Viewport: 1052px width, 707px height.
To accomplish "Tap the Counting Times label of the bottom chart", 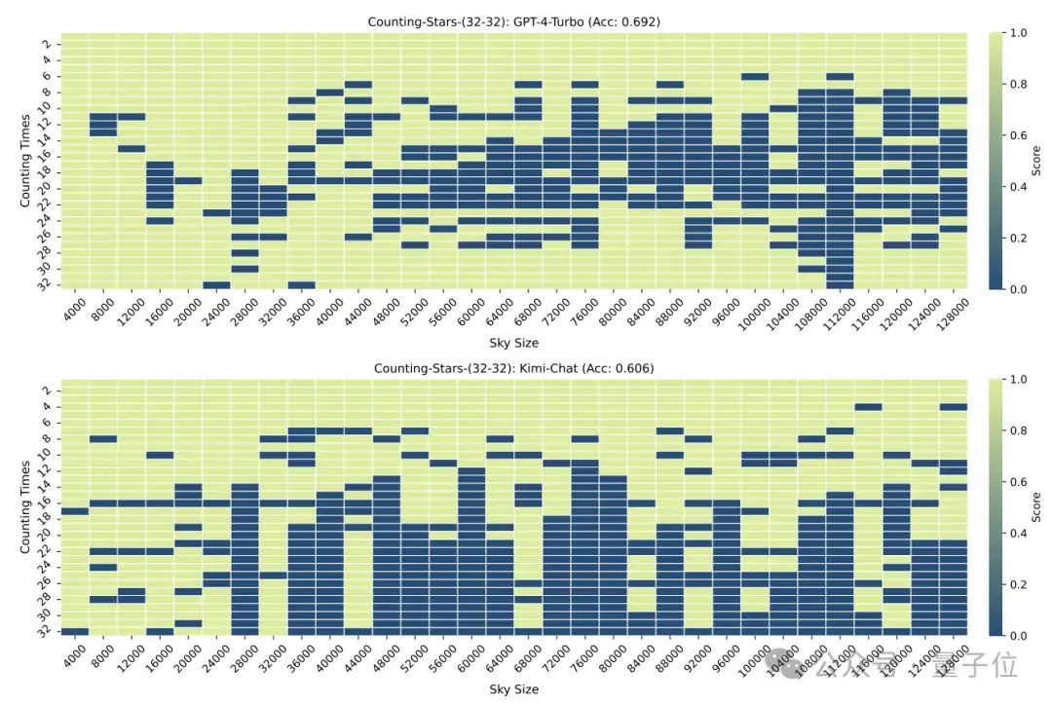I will tap(26, 508).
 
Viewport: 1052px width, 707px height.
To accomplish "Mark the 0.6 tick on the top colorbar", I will tap(1015, 135).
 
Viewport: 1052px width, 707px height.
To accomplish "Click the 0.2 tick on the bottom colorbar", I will tap(1015, 584).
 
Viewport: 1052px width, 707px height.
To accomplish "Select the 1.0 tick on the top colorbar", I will tap(1015, 33).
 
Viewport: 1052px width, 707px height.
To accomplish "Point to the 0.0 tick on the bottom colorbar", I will tap(1015, 636).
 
